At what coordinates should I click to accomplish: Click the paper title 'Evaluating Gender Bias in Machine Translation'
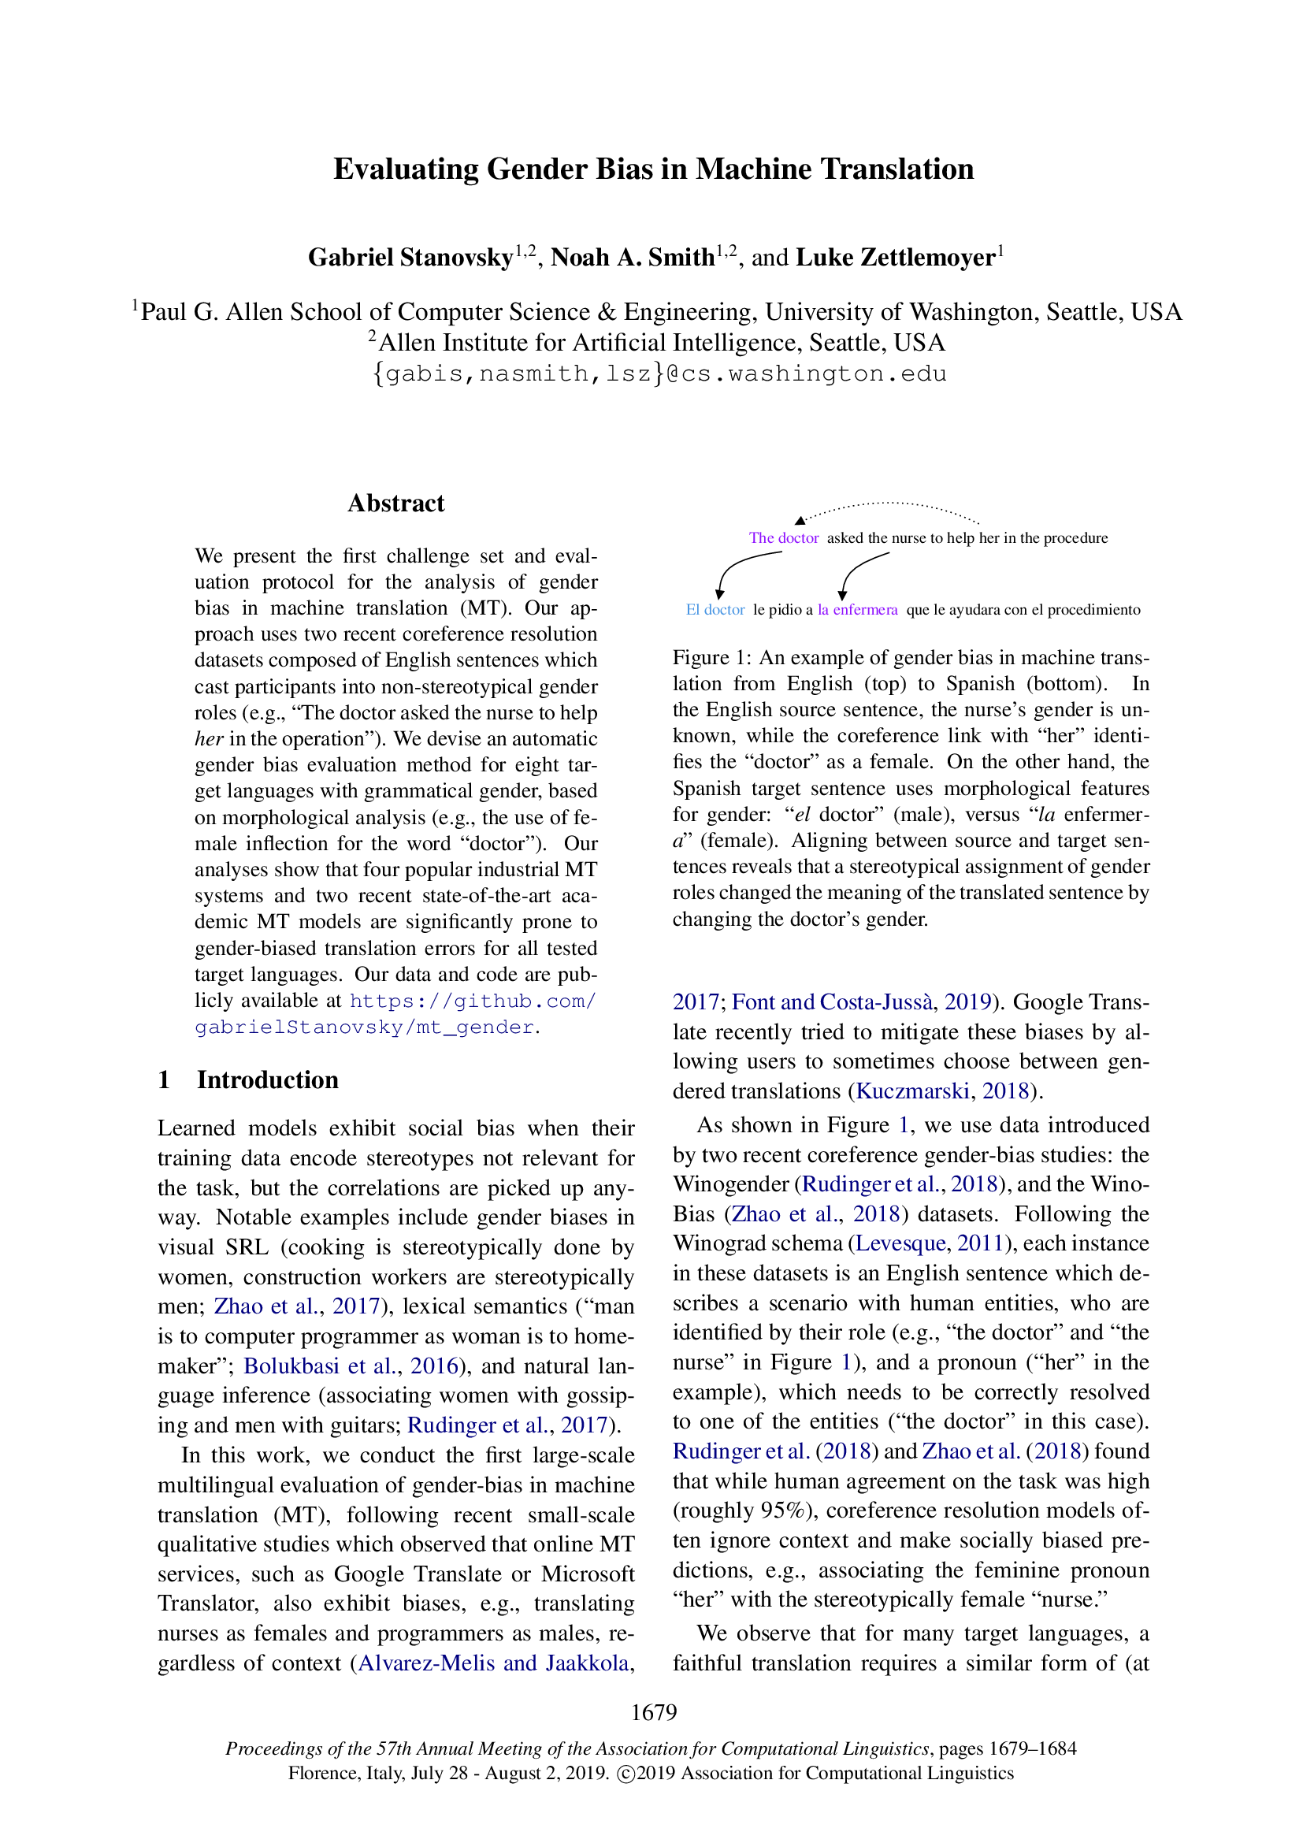(653, 169)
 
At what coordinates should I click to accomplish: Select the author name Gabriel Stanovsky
(410, 258)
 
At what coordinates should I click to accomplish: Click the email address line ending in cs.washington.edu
(659, 374)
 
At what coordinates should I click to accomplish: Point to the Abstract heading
(395, 503)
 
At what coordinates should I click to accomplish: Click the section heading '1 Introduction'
(248, 1079)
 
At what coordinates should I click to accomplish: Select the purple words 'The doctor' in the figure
(783, 538)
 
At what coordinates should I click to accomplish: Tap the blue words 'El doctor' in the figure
(715, 610)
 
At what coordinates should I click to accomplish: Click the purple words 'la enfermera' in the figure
(857, 610)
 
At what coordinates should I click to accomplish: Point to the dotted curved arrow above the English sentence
(891, 507)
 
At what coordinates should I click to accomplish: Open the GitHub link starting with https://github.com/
(473, 1001)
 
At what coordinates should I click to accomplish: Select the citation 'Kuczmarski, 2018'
(943, 1091)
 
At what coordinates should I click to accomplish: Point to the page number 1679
(653, 1712)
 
